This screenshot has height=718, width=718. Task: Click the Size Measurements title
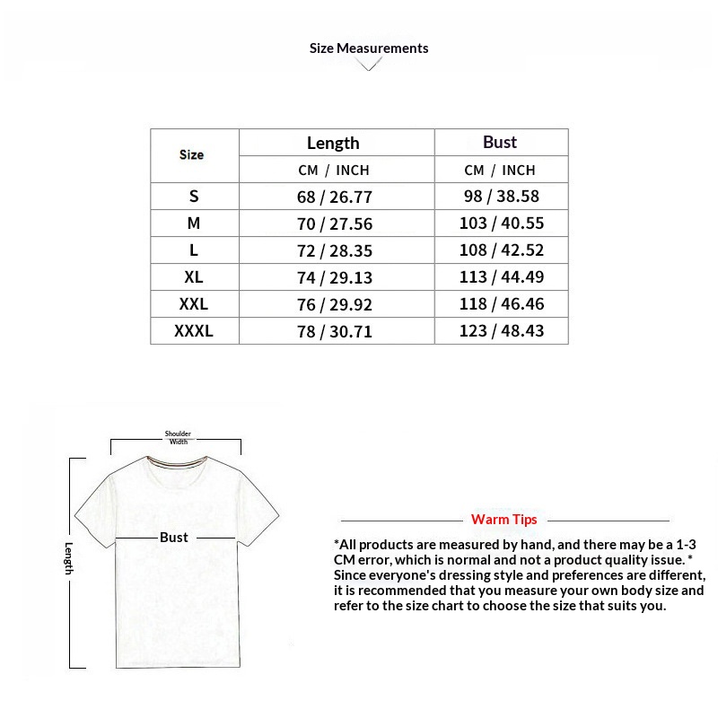click(369, 48)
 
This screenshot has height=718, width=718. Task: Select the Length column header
click(333, 143)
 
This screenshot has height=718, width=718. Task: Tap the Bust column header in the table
click(500, 142)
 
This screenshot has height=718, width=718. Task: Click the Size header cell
click(191, 154)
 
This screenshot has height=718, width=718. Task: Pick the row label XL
click(194, 277)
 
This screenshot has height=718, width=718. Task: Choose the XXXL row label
click(194, 331)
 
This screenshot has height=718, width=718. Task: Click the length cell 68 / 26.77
click(335, 197)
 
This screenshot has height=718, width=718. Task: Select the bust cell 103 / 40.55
click(502, 223)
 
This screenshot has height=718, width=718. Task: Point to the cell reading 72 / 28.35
click(335, 250)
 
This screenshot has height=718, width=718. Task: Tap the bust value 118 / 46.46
click(502, 304)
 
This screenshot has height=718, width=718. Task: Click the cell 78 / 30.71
click(335, 331)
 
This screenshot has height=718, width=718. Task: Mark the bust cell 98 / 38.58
click(502, 197)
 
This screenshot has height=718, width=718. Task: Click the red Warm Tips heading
click(504, 520)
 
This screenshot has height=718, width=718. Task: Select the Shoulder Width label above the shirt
click(179, 438)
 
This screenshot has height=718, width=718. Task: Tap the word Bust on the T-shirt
click(174, 537)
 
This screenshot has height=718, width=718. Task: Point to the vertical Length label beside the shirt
click(69, 558)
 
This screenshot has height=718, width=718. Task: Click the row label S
click(194, 197)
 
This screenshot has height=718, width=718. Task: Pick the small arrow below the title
click(369, 65)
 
